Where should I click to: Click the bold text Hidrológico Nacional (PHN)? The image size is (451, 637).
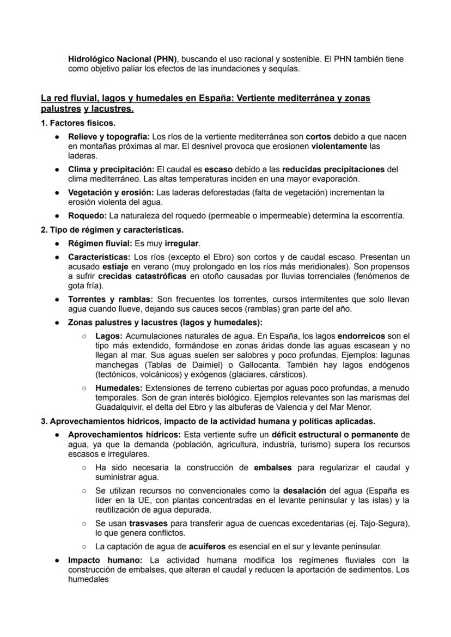click(123, 59)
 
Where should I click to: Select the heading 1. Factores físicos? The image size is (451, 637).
click(78, 123)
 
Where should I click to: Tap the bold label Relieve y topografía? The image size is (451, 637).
click(108, 136)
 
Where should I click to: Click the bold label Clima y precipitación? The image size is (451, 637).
click(111, 169)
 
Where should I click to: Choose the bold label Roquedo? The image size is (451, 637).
click(87, 216)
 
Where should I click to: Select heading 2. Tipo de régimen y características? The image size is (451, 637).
click(112, 229)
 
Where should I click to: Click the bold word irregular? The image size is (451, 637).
click(182, 243)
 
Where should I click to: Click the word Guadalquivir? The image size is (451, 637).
click(119, 407)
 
